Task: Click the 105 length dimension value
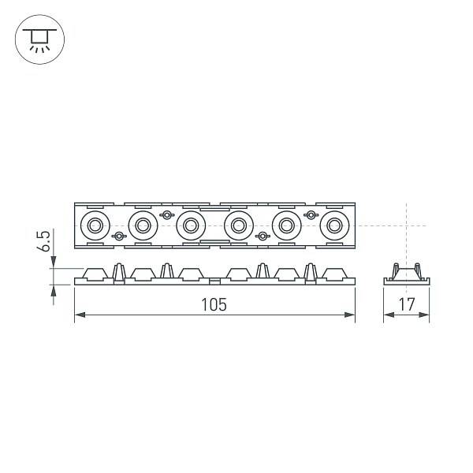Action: point(214,304)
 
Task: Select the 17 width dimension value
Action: point(407,304)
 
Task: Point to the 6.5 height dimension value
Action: point(45,241)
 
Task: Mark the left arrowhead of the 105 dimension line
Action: point(78,316)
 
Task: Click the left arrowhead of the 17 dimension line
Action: point(387,316)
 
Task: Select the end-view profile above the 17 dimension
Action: point(407,273)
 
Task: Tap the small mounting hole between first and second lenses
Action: point(118,236)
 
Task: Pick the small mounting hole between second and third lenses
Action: point(166,215)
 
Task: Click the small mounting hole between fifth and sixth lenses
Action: point(311,215)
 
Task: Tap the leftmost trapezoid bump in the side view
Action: point(95,274)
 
